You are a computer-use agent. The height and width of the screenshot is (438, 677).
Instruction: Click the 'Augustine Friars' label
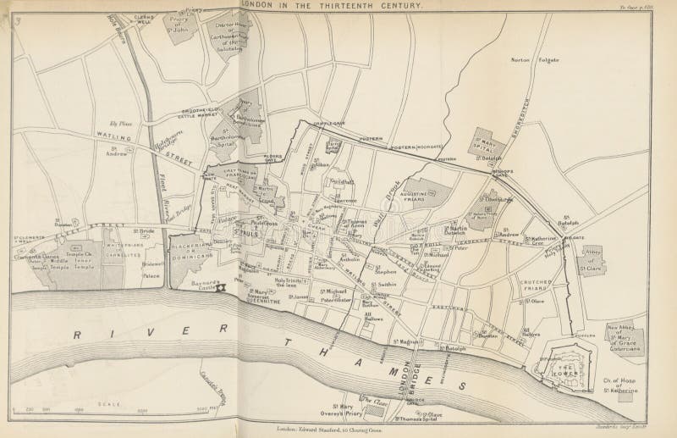point(432,197)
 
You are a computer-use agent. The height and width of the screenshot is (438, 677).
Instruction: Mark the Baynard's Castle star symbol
point(221,288)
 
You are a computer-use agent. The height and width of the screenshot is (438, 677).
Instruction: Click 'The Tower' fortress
point(564,366)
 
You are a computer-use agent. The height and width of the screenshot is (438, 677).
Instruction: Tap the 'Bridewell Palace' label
point(146,269)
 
